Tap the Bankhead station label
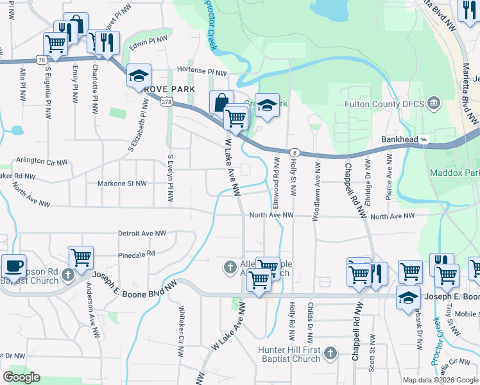(400, 139)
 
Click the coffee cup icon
(13, 266)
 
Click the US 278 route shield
(166, 102)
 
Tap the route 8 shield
(295, 152)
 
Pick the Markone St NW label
(121, 184)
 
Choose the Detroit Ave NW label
(142, 234)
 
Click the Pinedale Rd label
(137, 253)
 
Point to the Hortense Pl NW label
(202, 72)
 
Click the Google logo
(21, 377)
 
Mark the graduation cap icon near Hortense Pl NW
(139, 76)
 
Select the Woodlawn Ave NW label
(316, 191)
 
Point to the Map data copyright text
(440, 380)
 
